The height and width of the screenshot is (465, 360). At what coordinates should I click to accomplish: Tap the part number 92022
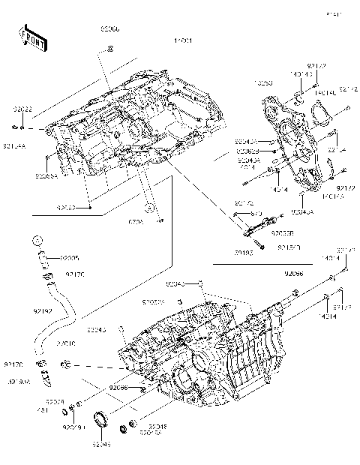tap(22, 109)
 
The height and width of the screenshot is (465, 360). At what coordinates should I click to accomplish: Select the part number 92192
tap(22, 308)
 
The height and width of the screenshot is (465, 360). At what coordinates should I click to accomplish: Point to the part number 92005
tap(69, 257)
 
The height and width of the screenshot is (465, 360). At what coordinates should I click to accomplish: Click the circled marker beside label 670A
tap(149, 208)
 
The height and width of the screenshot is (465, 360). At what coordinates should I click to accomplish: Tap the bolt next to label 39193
tap(259, 246)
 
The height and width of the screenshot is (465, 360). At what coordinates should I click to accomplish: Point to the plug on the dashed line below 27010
tap(67, 364)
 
